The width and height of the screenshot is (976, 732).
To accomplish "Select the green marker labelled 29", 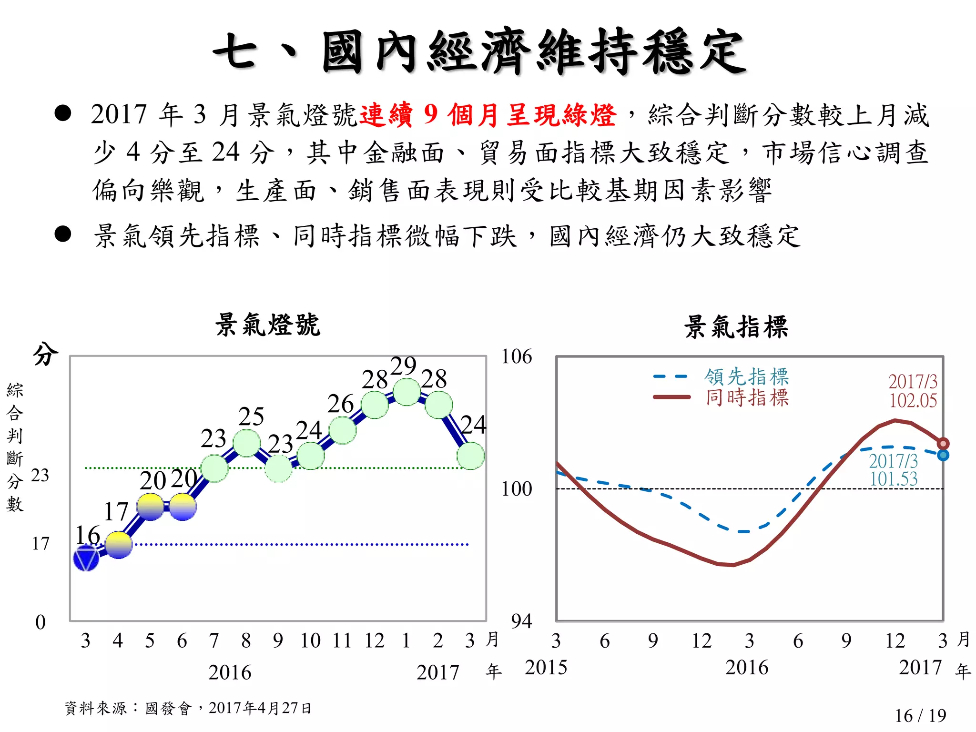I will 407,392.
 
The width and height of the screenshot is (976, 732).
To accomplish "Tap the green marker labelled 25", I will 246,443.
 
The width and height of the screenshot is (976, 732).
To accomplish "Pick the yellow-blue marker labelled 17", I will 118,545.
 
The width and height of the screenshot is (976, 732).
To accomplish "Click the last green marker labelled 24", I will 470,456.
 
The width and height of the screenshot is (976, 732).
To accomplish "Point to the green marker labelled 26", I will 343,430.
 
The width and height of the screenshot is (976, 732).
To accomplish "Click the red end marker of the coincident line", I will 943,444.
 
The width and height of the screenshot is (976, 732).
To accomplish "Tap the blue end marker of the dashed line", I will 943,455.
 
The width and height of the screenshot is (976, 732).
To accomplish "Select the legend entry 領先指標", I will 746,376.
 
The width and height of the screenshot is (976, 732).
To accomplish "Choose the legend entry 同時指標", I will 746,397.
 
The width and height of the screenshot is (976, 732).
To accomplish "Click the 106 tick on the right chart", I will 516,356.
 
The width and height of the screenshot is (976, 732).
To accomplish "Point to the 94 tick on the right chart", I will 521,621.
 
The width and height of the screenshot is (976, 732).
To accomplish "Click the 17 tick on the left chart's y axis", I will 41,543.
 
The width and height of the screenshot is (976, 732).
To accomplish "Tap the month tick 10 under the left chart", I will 310,640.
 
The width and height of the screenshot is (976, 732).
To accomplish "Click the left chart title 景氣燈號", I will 267,325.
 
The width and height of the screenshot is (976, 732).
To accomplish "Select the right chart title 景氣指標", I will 736,327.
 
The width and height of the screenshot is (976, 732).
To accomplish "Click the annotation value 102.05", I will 913,400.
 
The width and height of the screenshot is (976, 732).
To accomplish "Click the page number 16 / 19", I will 920,715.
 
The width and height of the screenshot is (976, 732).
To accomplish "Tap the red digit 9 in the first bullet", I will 430,114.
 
